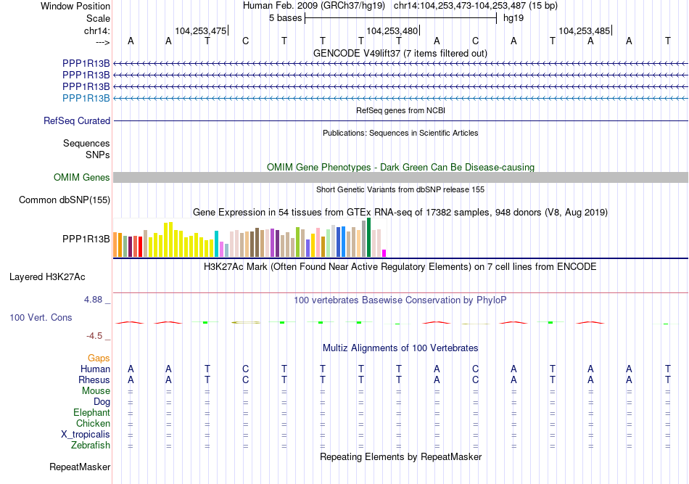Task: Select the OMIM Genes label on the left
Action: click(x=82, y=178)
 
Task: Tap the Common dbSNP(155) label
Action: click(x=65, y=200)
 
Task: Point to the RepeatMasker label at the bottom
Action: click(x=80, y=467)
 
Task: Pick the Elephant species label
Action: click(x=91, y=413)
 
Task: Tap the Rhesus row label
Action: click(x=94, y=380)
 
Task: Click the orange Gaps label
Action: click(x=99, y=358)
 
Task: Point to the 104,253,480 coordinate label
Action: click(x=392, y=31)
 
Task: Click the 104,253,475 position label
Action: click(x=200, y=31)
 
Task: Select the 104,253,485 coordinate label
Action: click(x=584, y=31)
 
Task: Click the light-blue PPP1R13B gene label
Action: click(x=86, y=98)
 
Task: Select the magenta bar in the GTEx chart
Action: click(x=384, y=253)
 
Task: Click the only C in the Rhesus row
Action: click(x=246, y=380)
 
